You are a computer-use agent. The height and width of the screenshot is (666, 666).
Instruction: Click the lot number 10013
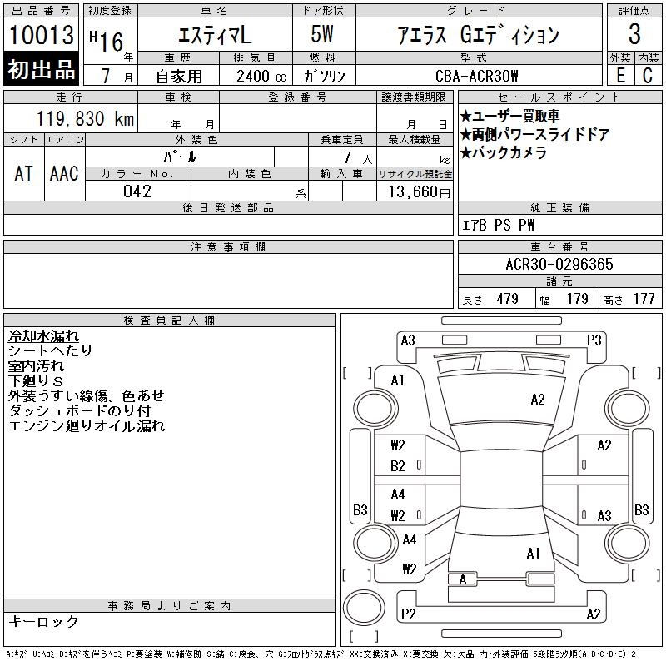pos(42,35)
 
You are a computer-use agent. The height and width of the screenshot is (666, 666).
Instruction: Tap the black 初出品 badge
pos(41,69)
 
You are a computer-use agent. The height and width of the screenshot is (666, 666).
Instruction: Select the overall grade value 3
pos(634,33)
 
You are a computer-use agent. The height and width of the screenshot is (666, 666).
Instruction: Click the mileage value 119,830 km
pos(85,118)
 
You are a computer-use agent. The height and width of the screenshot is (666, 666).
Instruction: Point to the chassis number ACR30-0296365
pos(559,264)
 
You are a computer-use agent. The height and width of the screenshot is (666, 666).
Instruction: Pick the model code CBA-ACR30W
pos(476,76)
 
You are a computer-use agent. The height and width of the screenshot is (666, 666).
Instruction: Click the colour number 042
pos(137,191)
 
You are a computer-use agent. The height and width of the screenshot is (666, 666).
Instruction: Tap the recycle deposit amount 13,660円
pos(419,192)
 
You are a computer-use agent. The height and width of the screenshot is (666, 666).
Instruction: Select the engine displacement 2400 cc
pos(261,76)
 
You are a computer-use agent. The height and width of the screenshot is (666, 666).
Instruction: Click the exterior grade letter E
pos(620,76)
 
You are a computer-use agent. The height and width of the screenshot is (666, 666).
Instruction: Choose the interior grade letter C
pos(648,76)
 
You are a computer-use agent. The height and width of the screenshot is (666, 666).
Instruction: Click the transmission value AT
pos(23,174)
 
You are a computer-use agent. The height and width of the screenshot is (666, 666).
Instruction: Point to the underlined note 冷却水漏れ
pos(43,336)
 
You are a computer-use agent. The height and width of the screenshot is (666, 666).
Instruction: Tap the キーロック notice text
pos(43,621)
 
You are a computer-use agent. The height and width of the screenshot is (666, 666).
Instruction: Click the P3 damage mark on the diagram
pos(594,340)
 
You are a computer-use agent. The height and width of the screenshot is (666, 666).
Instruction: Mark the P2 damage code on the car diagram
pos(408,614)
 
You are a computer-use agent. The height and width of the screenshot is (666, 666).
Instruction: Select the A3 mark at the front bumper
pos(408,340)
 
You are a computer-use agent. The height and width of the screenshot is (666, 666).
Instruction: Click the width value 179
pos(577,299)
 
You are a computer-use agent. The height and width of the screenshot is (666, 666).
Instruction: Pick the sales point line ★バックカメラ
pos(504,152)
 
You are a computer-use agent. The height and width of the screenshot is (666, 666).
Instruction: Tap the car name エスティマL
pos(215,35)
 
